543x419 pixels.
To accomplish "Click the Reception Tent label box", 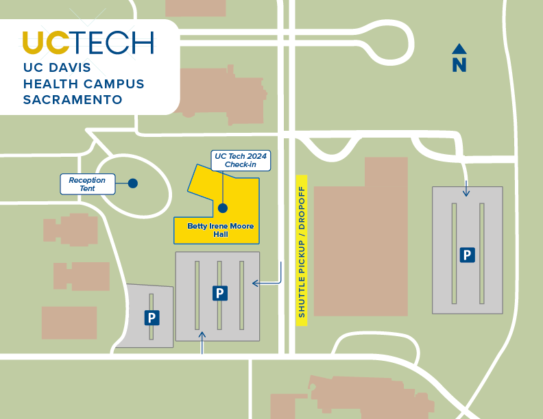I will point(87,183).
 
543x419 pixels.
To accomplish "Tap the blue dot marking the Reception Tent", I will point(133,183).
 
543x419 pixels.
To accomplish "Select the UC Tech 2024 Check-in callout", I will point(240,161).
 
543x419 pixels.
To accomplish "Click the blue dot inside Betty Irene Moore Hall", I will point(222,207).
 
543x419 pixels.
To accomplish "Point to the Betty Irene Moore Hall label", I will point(220,230).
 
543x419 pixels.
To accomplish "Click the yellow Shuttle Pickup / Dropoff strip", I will point(301,250).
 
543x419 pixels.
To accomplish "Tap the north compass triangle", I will point(459,49).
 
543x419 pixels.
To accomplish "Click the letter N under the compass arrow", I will point(459,65).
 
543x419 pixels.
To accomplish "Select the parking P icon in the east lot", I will point(467,255).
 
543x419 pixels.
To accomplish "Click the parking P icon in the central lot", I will point(219,293).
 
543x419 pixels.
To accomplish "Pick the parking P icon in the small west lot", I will point(152,318).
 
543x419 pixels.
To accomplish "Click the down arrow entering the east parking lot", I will point(466,188).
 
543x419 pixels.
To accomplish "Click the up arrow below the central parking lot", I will point(202,342).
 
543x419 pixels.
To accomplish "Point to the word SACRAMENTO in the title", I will point(73,100).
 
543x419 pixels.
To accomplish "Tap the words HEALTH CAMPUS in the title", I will point(84,84).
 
